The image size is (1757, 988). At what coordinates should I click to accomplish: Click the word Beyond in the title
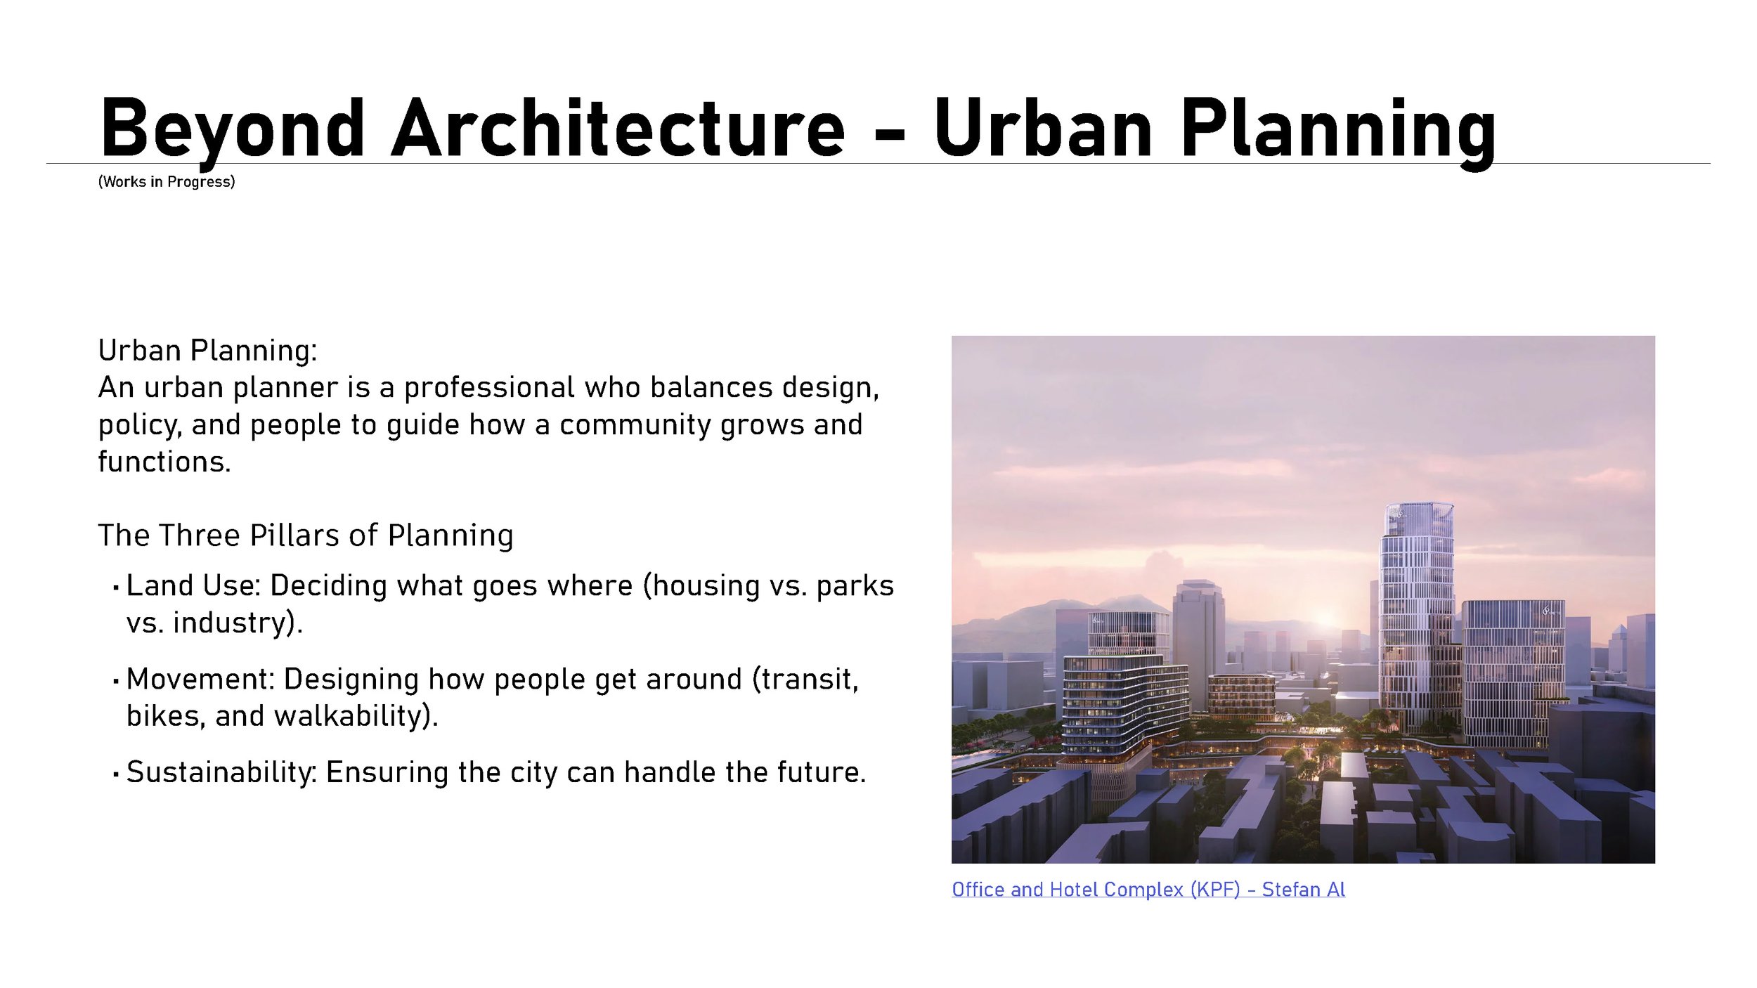(233, 130)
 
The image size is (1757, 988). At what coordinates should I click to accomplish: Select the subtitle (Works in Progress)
(167, 182)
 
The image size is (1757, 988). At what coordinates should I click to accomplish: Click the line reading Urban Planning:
(207, 351)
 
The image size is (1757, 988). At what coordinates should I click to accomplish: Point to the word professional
(489, 388)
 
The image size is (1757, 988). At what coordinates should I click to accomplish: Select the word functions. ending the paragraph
(164, 462)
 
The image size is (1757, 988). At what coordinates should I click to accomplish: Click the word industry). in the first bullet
(238, 623)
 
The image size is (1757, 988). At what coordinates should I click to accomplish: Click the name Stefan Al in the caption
(1303, 890)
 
